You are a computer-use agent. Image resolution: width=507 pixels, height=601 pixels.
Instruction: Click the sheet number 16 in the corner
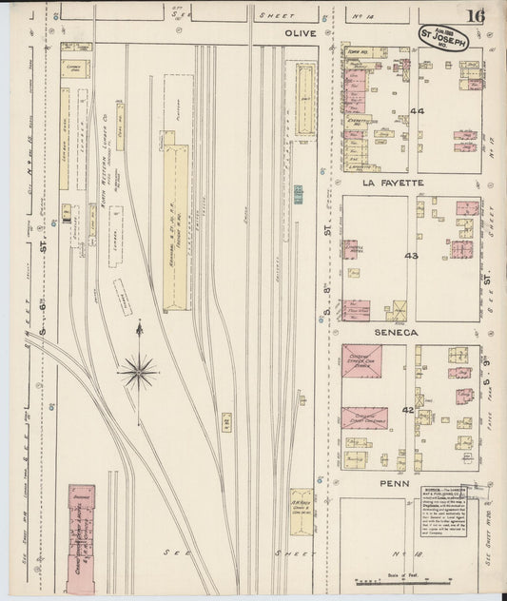click(475, 15)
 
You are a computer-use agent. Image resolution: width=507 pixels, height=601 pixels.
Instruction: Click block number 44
click(416, 111)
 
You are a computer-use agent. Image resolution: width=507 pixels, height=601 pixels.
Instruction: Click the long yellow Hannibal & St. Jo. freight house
click(175, 228)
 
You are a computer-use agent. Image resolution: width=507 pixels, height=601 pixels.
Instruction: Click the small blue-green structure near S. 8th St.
click(299, 194)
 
